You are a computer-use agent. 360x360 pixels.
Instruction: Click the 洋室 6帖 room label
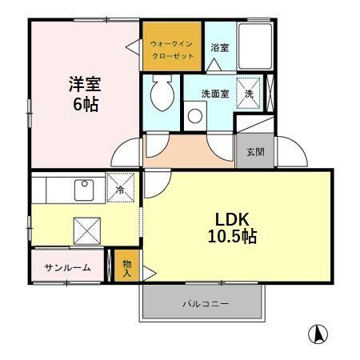click(82, 94)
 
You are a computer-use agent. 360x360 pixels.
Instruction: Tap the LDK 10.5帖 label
click(234, 228)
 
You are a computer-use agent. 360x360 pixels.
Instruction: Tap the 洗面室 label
click(214, 93)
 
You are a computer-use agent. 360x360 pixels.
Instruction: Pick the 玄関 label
click(255, 152)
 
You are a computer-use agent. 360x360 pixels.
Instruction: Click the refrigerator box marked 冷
click(120, 190)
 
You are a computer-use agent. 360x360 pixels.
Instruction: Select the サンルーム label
click(67, 267)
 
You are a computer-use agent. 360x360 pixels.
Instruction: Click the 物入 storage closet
click(127, 266)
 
